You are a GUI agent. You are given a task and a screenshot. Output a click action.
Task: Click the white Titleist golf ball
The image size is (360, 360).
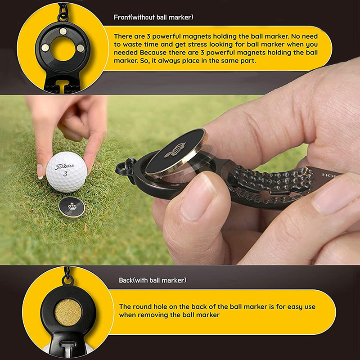tap(67, 171)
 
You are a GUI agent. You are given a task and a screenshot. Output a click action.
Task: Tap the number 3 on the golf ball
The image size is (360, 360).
tap(65, 174)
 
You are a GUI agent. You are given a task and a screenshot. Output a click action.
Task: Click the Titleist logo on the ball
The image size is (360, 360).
tap(65, 166)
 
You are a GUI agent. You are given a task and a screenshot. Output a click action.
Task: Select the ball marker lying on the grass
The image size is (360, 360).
tap(72, 207)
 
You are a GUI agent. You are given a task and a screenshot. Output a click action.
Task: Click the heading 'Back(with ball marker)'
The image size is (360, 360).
tap(153, 280)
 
